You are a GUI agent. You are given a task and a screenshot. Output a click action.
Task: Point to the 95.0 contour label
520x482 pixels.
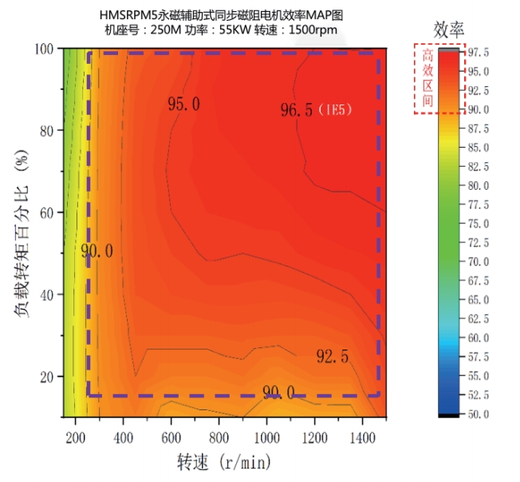pyautogui.click(x=183, y=103)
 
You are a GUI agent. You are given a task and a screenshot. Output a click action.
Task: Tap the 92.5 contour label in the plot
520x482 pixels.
pyautogui.click(x=332, y=357)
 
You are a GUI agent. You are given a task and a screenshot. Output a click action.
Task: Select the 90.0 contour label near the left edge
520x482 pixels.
pyautogui.click(x=97, y=251)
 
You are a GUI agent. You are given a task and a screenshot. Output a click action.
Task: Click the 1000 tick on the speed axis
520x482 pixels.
pyautogui.click(x=266, y=437)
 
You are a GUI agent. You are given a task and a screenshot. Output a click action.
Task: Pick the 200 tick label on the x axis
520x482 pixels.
pyautogui.click(x=76, y=437)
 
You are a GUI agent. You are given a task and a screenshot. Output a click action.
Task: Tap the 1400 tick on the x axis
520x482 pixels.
pyautogui.click(x=362, y=437)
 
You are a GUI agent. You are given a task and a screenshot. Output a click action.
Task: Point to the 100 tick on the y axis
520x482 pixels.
pyautogui.click(x=45, y=49)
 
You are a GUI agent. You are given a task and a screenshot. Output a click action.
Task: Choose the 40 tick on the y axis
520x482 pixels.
pyautogui.click(x=48, y=294)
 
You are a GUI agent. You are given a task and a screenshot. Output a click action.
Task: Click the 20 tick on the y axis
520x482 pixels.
pyautogui.click(x=48, y=376)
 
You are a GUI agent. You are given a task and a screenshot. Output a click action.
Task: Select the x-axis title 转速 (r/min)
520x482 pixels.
pyautogui.click(x=223, y=463)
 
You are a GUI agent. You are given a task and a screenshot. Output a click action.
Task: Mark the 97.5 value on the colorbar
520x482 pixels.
pyautogui.click(x=479, y=52)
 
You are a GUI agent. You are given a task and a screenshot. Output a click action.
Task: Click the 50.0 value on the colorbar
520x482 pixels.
pyautogui.click(x=479, y=414)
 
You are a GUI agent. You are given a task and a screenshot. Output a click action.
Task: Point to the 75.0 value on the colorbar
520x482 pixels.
pyautogui.click(x=479, y=223)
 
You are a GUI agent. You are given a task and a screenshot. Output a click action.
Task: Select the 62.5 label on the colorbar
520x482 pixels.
pyautogui.click(x=479, y=318)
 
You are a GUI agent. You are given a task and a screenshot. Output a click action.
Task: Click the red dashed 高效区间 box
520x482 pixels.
pyautogui.click(x=427, y=77)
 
